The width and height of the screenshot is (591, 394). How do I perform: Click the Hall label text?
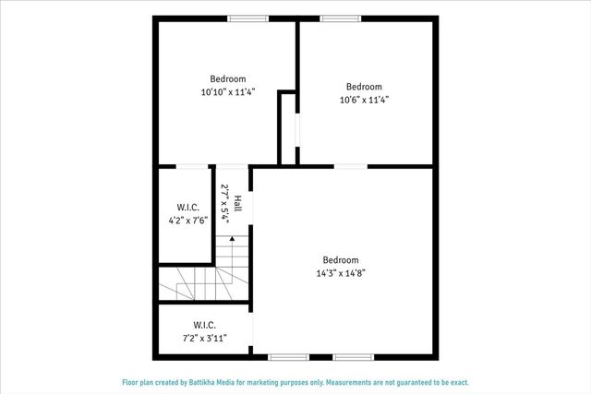237,203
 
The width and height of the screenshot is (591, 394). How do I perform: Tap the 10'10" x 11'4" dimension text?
227,92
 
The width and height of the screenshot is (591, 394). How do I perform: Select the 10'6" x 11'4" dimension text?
364,100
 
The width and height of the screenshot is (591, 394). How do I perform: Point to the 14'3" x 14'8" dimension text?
340,273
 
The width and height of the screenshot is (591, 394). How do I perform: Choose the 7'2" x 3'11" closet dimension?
204,339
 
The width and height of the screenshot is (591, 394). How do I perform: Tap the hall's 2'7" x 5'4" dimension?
224,203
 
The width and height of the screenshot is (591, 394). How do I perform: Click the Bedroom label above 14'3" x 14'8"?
340,260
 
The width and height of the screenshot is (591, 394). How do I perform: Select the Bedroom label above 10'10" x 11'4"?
227,78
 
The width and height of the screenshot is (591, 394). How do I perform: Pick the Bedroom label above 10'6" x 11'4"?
364,87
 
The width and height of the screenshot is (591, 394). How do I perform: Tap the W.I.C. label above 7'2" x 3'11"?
204,325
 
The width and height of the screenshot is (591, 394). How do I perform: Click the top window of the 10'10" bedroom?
248,18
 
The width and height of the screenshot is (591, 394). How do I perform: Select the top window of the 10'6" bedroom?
341,18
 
